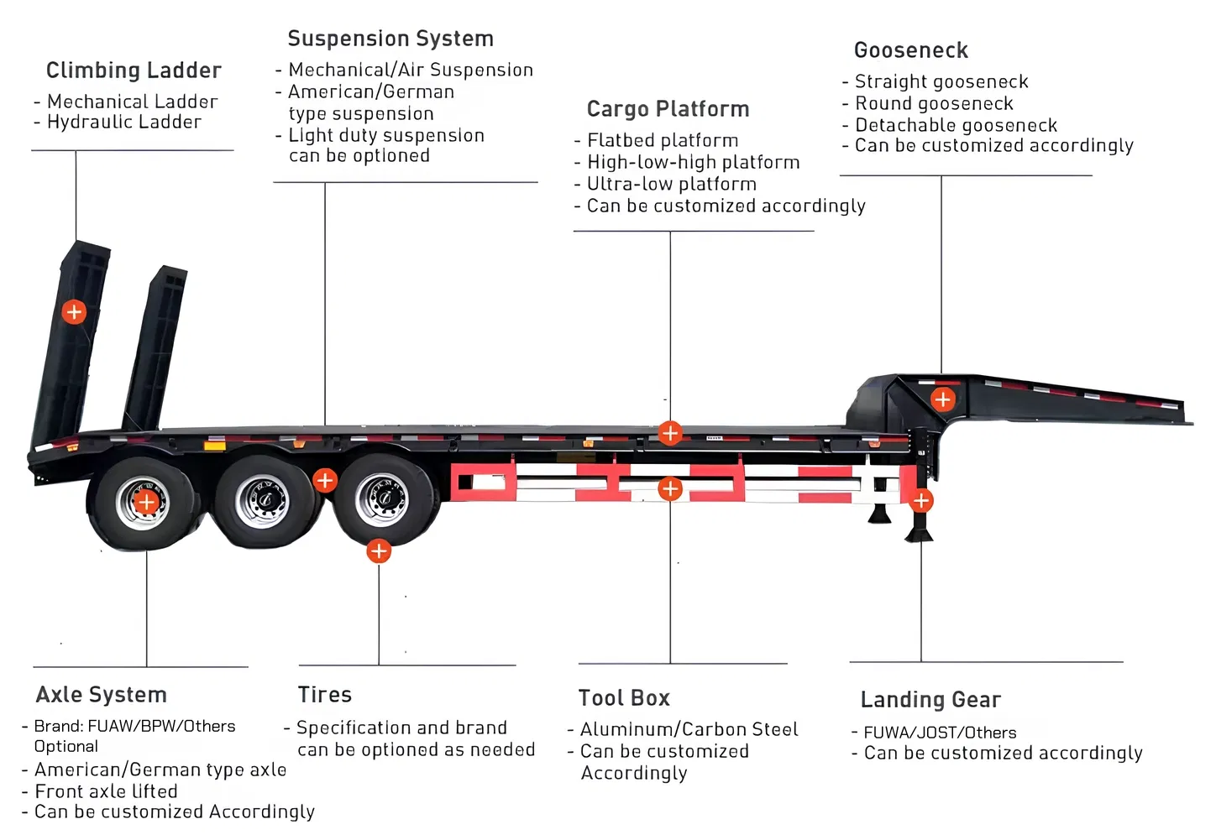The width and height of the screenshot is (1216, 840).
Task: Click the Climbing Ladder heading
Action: (x=134, y=70)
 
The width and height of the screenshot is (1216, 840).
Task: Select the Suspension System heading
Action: (x=390, y=39)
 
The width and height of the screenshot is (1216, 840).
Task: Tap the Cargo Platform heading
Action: (x=668, y=109)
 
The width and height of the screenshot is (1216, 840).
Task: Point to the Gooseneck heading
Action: (x=911, y=50)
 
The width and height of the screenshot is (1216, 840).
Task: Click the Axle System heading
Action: (x=102, y=695)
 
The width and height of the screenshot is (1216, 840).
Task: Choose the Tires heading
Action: (x=325, y=695)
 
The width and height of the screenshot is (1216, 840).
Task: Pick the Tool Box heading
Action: (x=624, y=698)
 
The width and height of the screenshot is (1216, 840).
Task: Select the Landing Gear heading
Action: (x=930, y=700)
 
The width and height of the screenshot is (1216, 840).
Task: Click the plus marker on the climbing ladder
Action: (x=74, y=312)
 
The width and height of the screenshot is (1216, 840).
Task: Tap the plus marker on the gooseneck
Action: (x=942, y=399)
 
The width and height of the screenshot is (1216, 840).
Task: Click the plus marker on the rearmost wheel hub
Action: (x=146, y=503)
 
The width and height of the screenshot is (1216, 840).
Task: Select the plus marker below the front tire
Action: (x=379, y=551)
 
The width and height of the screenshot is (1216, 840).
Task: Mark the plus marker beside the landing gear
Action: (x=921, y=501)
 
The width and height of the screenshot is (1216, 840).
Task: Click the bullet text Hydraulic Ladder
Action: (x=124, y=123)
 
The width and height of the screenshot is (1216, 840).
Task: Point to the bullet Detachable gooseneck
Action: (x=956, y=125)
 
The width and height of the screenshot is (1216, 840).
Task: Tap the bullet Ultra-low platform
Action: (x=671, y=184)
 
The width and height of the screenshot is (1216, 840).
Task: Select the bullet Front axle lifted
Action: (x=106, y=791)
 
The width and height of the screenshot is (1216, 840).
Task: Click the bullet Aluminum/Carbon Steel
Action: (x=689, y=729)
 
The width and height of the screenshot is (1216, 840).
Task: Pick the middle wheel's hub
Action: (x=263, y=500)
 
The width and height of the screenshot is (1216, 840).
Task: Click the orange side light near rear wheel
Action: (x=215, y=446)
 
